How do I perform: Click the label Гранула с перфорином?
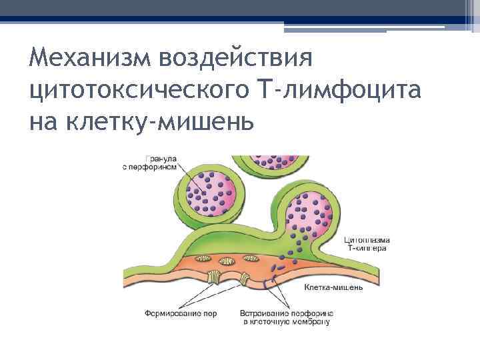(150, 163)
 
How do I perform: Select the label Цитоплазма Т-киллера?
(366, 243)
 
